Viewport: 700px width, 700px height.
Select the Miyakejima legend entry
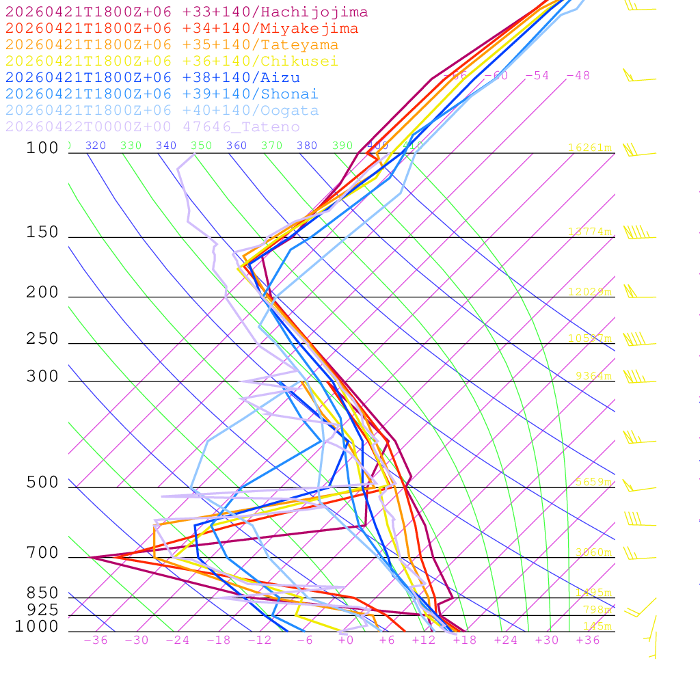pos(182,29)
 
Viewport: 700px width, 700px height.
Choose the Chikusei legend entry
pos(172,62)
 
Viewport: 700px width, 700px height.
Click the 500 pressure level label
pos(42,483)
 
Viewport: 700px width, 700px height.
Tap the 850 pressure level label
pos(42,593)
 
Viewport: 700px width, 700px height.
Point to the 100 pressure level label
pos(42,148)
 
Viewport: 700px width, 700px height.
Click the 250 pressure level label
pos(42,339)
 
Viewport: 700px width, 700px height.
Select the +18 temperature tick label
pos(464,640)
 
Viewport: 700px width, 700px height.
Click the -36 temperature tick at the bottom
pos(95,640)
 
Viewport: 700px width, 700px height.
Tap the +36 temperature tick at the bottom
pos(587,640)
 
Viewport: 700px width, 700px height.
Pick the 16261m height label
pos(590,148)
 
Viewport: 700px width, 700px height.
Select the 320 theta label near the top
pos(96,146)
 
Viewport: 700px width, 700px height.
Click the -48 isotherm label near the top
pos(578,76)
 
